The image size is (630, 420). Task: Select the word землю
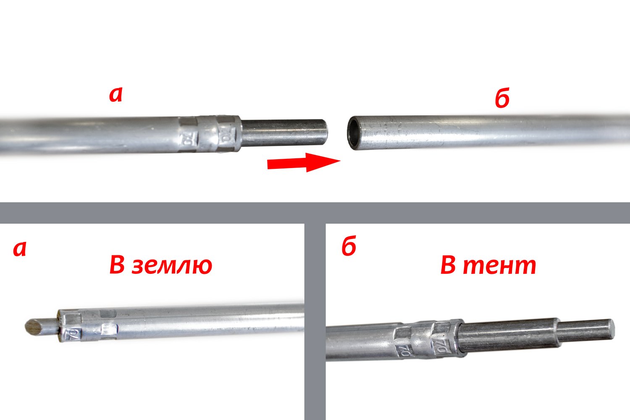172,265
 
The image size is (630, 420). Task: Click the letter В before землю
118,265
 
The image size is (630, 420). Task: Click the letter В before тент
448,265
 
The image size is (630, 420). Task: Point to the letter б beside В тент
349,247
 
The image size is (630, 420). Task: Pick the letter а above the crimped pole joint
115,95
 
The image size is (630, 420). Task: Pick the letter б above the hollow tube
502,99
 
